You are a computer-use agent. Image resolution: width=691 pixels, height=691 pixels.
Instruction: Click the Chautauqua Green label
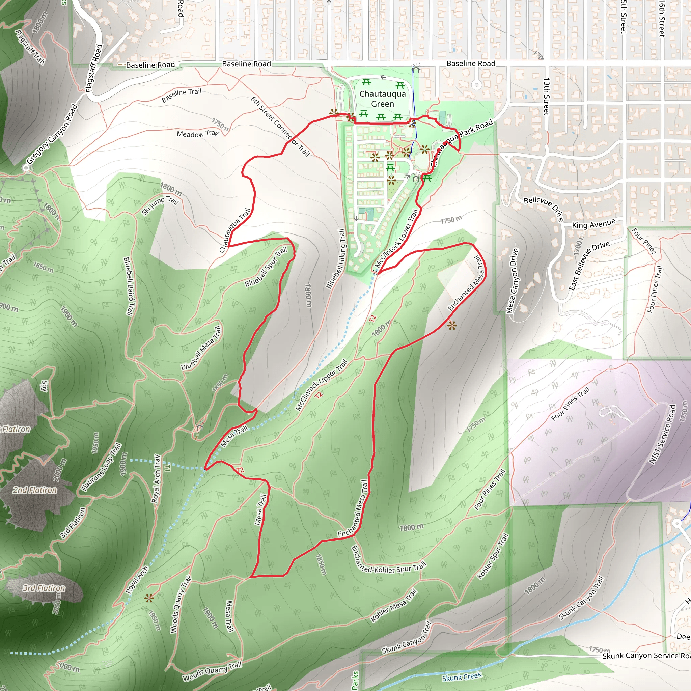[x=382, y=99]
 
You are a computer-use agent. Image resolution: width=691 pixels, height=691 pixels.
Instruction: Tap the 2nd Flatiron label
[x=35, y=490]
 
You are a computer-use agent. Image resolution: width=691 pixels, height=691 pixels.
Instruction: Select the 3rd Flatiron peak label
[x=44, y=588]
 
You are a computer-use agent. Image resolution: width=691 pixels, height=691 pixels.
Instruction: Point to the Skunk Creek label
[x=462, y=677]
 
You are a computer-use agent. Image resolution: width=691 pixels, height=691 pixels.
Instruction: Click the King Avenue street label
[x=593, y=224]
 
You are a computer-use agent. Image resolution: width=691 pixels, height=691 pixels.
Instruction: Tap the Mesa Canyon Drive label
[x=513, y=281]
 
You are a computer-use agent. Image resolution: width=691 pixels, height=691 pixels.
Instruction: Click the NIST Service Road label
[x=662, y=434]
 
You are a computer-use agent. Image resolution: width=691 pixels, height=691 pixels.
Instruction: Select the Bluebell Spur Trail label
[x=266, y=267]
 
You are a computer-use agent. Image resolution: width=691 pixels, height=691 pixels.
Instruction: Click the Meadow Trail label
[x=197, y=134]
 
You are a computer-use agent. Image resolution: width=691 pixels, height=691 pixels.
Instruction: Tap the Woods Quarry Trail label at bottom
[x=212, y=671]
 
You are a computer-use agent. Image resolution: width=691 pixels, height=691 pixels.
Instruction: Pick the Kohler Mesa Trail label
[x=393, y=606]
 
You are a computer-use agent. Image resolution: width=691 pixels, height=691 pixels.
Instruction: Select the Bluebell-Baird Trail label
[x=129, y=286]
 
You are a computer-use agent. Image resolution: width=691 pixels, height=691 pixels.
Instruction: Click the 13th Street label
[x=546, y=96]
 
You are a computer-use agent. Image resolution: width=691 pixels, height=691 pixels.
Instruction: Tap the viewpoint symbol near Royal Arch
[x=149, y=598]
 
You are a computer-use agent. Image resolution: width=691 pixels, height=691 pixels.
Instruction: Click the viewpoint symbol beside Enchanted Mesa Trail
[x=452, y=326]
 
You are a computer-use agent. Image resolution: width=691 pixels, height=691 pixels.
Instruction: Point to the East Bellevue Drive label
[x=589, y=266]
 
